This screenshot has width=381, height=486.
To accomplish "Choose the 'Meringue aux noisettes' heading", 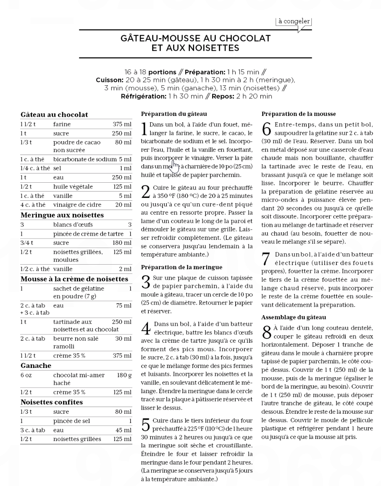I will coord(62,215).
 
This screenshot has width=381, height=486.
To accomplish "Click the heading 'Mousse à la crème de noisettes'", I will coord(74,279).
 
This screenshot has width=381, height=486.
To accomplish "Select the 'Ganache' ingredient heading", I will coord(36,365).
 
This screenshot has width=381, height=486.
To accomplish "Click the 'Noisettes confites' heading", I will coord(52,402).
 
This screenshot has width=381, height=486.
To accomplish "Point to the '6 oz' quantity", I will coord(26,375).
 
